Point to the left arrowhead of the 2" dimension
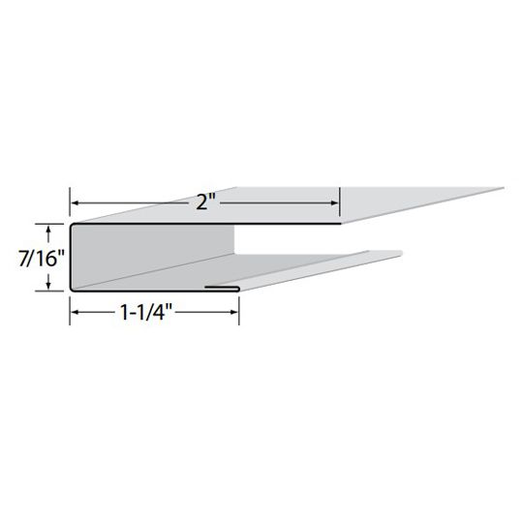coord(74,201)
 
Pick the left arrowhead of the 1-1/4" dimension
coord(74,313)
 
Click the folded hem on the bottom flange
coord(225,287)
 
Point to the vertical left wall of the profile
coord(71,257)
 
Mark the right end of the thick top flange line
coord(338,224)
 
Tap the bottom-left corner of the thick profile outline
coord(72,289)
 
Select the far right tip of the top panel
coord(505,186)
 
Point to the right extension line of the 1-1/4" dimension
coord(240,305)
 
